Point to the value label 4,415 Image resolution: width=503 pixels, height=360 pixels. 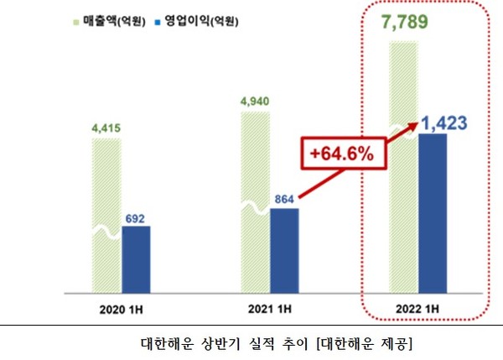point(106,128)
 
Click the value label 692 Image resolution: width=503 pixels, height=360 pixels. point(136,217)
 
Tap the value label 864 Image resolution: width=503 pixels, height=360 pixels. point(285,200)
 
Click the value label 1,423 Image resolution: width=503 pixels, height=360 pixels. point(443,124)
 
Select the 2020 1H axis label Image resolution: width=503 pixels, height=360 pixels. point(122,307)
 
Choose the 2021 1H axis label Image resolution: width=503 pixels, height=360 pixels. point(270,307)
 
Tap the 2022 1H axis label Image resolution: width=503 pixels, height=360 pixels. point(418,307)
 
